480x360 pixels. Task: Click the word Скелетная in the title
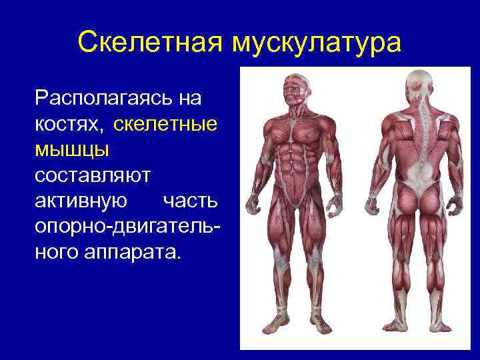tap(150, 43)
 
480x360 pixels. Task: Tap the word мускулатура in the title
tap(317, 43)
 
